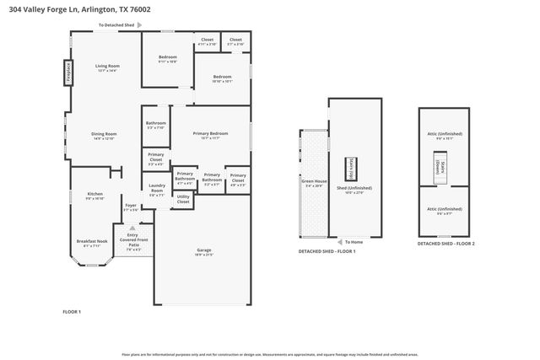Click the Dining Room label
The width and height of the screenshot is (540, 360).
[104, 136]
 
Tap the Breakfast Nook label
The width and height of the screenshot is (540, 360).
[91, 242]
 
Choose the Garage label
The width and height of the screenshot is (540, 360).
[203, 251]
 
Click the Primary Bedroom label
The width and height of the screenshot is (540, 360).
[211, 136]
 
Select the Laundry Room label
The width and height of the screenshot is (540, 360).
[157, 190]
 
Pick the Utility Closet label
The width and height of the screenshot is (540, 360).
[183, 201]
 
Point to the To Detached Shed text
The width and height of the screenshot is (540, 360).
[117, 25]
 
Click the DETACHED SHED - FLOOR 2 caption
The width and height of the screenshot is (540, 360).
[446, 244]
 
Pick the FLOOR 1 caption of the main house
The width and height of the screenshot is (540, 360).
[72, 312]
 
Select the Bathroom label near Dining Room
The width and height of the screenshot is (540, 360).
[156, 125]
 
